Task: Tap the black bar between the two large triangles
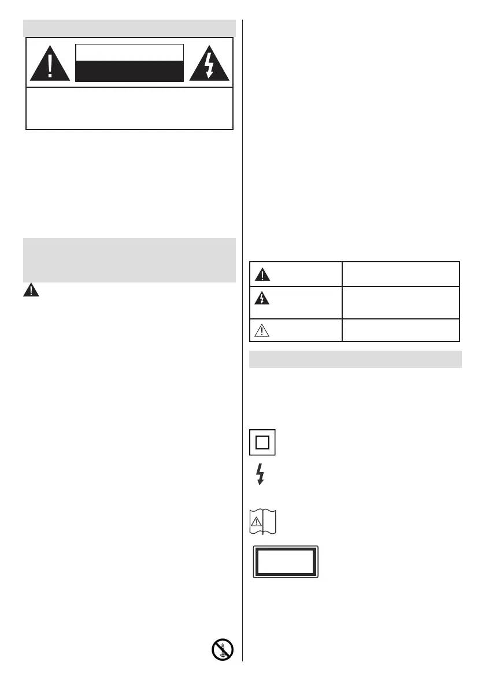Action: [x=129, y=71]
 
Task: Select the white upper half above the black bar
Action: [x=129, y=51]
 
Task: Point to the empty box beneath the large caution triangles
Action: [x=129, y=108]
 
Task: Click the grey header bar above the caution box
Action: [x=129, y=28]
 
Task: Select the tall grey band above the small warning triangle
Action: [x=129, y=260]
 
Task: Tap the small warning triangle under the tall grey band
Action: [x=31, y=291]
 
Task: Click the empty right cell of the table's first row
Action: [x=400, y=274]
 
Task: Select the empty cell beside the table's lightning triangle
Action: [x=400, y=302]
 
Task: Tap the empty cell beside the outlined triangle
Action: [x=400, y=330]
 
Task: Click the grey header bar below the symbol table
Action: [x=356, y=359]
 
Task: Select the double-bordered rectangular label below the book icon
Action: [x=285, y=561]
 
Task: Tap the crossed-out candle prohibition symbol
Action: [x=223, y=650]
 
